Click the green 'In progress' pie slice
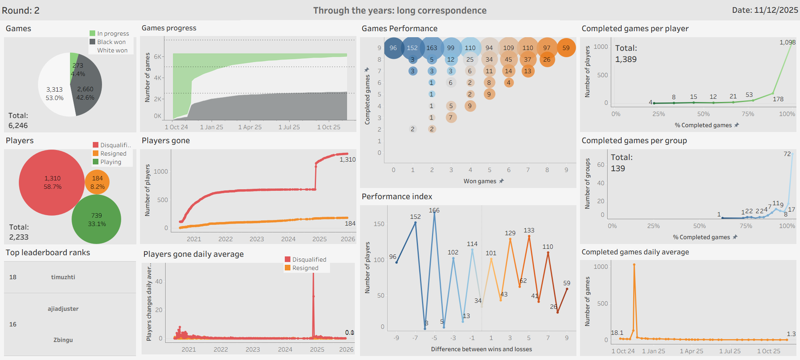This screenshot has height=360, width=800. pyautogui.click(x=74, y=60)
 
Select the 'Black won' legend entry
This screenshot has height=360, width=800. pyautogui.click(x=111, y=42)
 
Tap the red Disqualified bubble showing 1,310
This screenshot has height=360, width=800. pyautogui.click(x=52, y=182)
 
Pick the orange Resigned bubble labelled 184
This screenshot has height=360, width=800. pyautogui.click(x=97, y=182)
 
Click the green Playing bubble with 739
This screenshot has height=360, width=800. pyautogui.click(x=96, y=220)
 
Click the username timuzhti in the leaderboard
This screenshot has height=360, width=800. pyautogui.click(x=63, y=277)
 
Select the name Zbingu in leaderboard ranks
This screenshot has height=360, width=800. pyautogui.click(x=63, y=340)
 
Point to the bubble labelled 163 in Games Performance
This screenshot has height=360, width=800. pyautogui.click(x=432, y=48)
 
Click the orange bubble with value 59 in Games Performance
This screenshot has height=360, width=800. pyautogui.click(x=566, y=48)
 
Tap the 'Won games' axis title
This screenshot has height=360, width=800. pyautogui.click(x=480, y=181)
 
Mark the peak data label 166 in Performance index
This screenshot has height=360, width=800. pyautogui.click(x=434, y=210)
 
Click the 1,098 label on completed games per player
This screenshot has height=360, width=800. pyautogui.click(x=787, y=42)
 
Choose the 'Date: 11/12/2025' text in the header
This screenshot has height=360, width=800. pyautogui.click(x=765, y=10)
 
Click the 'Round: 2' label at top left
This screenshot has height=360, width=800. pyautogui.click(x=21, y=10)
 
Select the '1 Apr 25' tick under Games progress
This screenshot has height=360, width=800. pyautogui.click(x=250, y=127)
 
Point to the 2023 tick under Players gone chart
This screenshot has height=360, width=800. pyautogui.click(x=256, y=239)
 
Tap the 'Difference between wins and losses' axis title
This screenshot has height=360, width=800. pyautogui.click(x=481, y=349)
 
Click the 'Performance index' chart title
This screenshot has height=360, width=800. pyautogui.click(x=397, y=196)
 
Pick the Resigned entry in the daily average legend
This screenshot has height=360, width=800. pyautogui.click(x=305, y=268)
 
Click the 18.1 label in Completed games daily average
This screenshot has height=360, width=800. pyautogui.click(x=617, y=333)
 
